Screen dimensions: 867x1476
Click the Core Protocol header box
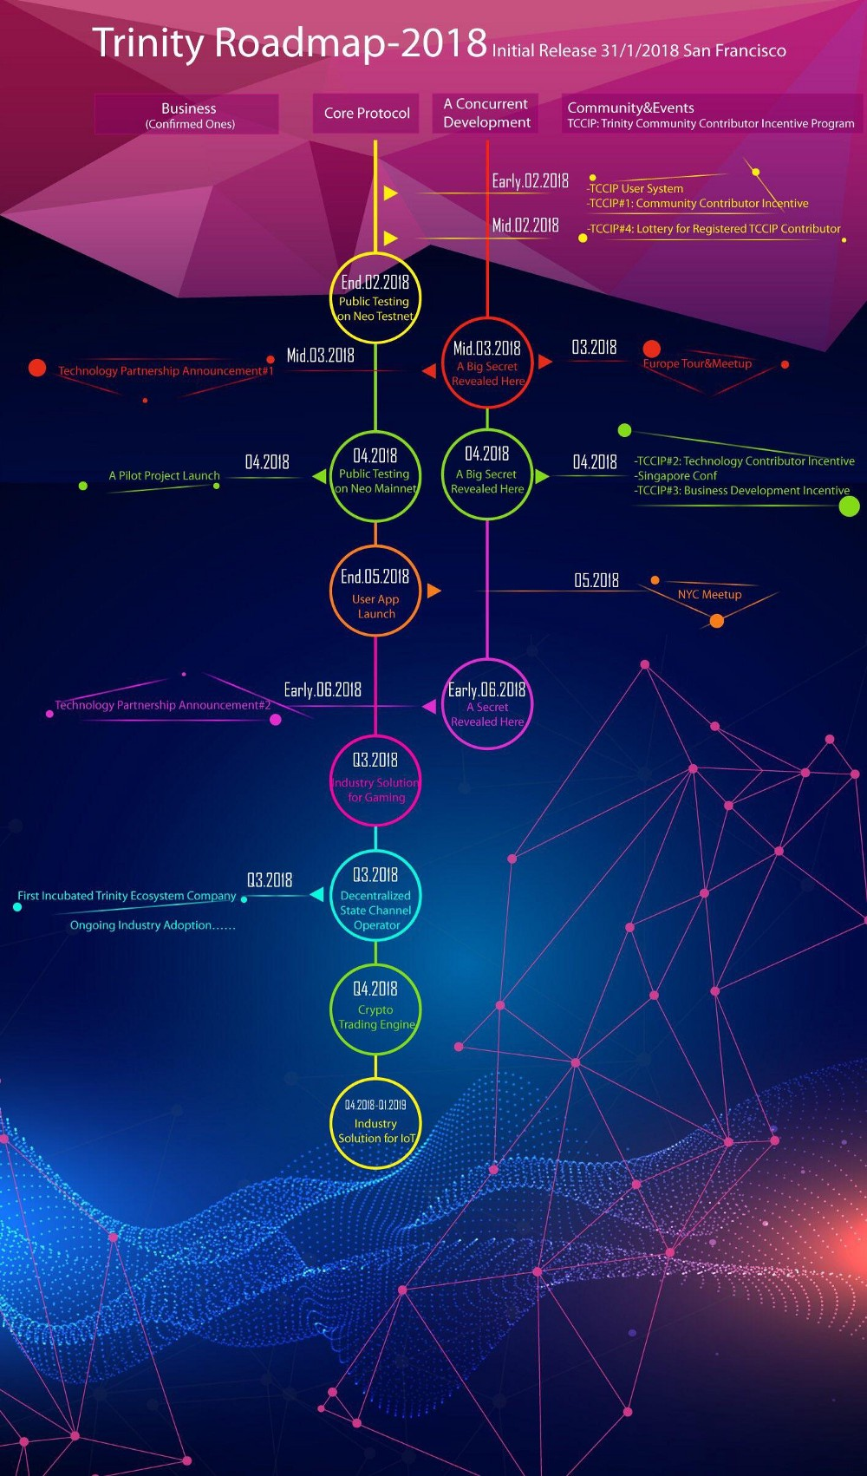click(366, 114)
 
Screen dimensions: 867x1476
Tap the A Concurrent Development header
click(486, 114)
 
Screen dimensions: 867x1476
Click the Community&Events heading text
click(630, 108)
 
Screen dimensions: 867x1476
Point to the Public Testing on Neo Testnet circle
click(375, 254)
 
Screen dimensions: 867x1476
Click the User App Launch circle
click(375, 546)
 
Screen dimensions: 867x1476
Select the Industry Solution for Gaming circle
click(375, 736)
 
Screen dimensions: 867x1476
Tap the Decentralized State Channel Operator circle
click(375, 852)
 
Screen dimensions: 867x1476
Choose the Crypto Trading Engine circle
click(375, 965)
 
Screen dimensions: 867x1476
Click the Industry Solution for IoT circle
click(375, 1080)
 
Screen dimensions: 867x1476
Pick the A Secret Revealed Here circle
click(487, 660)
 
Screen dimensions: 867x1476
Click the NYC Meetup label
click(709, 594)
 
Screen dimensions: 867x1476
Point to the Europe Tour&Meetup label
click(697, 363)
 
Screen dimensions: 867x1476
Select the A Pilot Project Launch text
click(164, 476)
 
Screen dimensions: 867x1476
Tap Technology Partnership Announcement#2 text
click(163, 705)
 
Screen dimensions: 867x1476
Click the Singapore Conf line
click(675, 476)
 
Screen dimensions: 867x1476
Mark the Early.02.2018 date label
click(531, 181)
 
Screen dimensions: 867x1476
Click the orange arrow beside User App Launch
click(433, 591)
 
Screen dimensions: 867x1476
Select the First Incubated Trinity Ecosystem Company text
click(127, 896)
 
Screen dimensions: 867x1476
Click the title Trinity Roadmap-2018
click(290, 42)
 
